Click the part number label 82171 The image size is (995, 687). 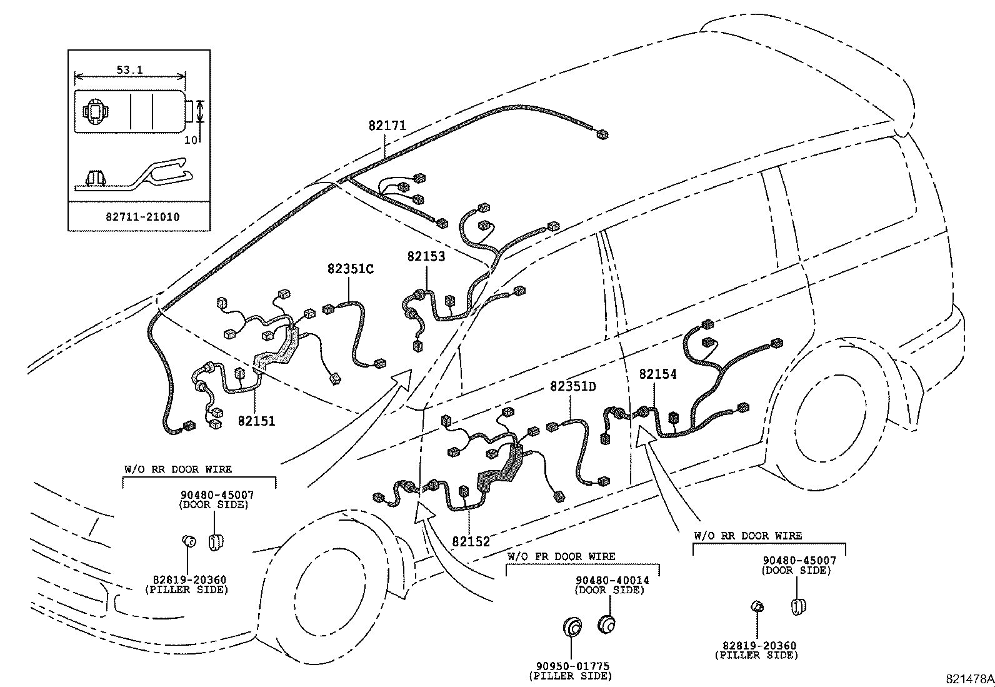tap(387, 125)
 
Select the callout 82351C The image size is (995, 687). tap(350, 269)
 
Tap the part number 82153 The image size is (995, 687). tap(426, 256)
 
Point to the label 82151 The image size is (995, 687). tap(256, 421)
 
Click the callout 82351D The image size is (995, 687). tap(572, 386)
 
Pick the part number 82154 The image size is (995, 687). tap(657, 374)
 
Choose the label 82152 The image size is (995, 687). tap(471, 542)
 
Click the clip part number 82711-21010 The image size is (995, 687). tap(142, 217)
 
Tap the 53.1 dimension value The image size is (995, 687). tap(129, 70)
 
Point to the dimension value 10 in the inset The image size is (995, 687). tap(190, 140)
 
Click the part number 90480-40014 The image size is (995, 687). tap(612, 580)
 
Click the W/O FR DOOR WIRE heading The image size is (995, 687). tap(561, 556)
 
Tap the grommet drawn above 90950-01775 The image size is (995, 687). tap(571, 626)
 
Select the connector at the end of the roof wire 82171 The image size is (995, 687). tap(602, 134)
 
